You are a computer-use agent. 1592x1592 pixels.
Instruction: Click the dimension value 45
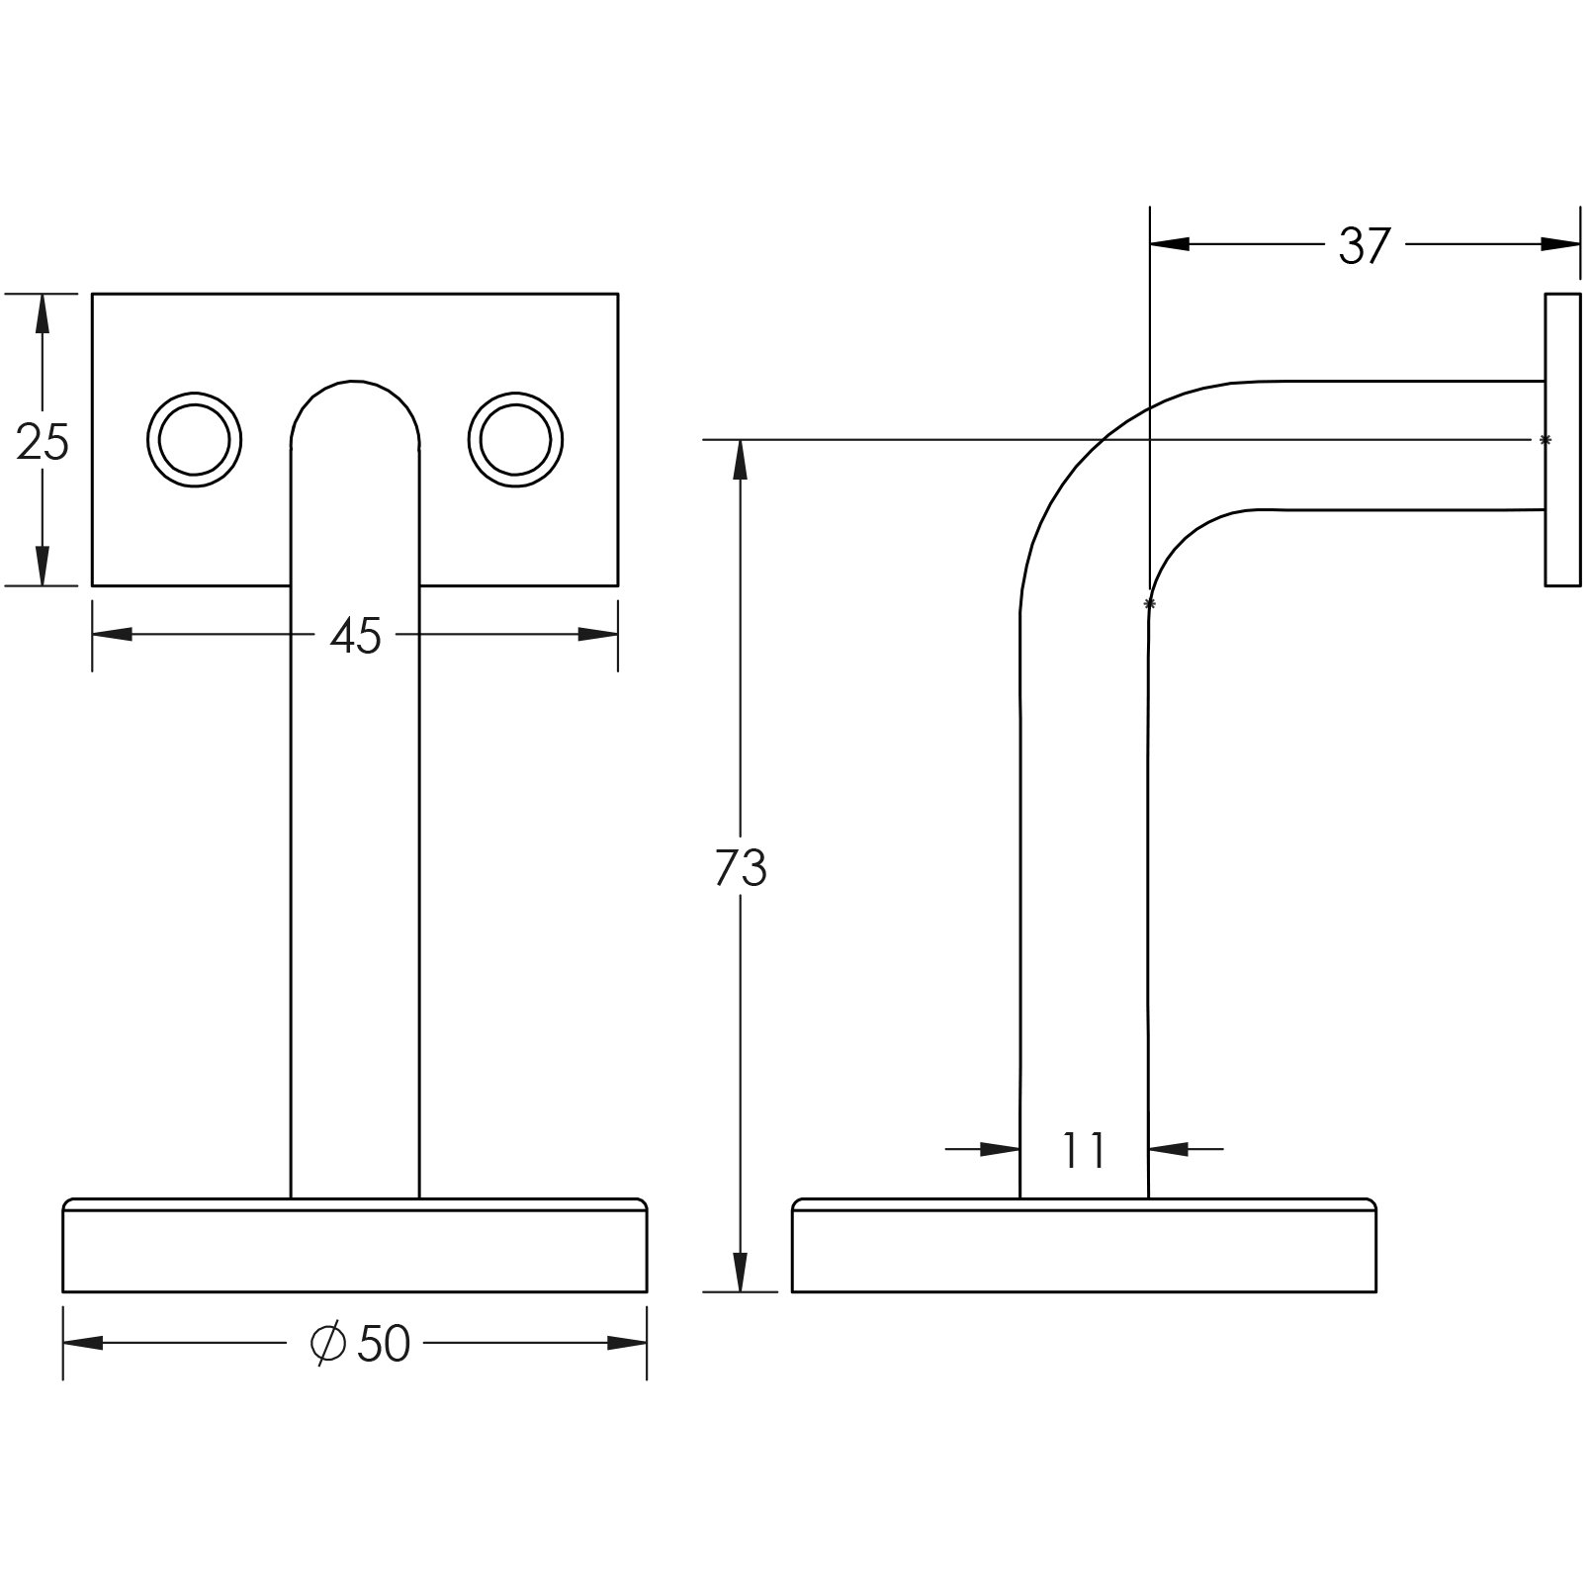(355, 636)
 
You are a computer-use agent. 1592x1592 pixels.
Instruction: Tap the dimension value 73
(740, 868)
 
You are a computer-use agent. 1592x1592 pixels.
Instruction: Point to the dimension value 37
(1365, 245)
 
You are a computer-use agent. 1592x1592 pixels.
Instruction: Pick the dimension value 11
(1084, 1150)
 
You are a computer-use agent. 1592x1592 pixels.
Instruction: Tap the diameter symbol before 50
(327, 1343)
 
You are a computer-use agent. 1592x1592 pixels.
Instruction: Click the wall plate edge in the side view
(1562, 439)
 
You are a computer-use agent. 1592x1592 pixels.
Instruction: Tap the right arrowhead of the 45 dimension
(598, 634)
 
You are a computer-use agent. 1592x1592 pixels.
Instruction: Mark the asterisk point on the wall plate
(1546, 440)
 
